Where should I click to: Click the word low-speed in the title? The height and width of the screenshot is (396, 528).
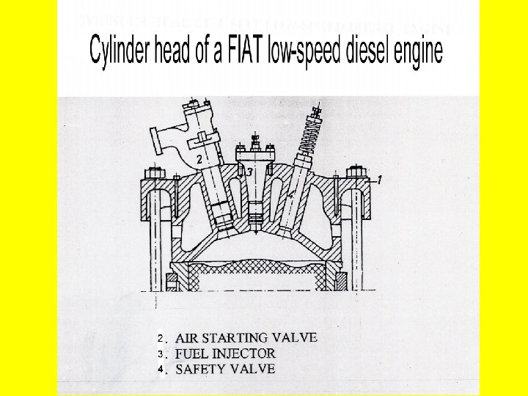click(x=298, y=54)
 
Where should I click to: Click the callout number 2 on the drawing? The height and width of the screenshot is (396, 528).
click(x=198, y=158)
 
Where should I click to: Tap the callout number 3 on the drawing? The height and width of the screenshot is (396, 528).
click(x=249, y=172)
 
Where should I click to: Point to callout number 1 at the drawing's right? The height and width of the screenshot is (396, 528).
click(x=379, y=179)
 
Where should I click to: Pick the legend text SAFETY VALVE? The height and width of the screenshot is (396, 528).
click(x=225, y=369)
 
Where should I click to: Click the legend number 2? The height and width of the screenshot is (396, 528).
click(x=160, y=339)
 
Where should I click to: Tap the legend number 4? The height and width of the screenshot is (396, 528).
click(x=160, y=370)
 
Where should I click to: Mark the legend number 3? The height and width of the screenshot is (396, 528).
click(x=160, y=354)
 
